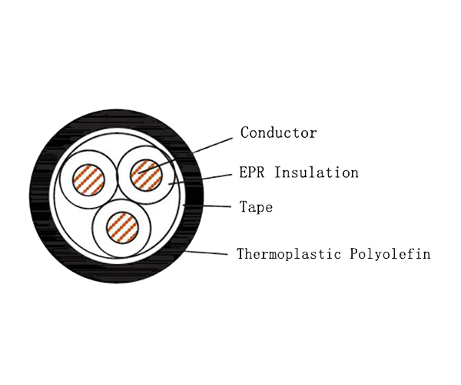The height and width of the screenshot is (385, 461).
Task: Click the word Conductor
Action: [x=278, y=132]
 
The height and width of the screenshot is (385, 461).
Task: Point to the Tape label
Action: [x=256, y=208]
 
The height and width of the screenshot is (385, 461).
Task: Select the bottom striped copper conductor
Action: [x=121, y=227]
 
